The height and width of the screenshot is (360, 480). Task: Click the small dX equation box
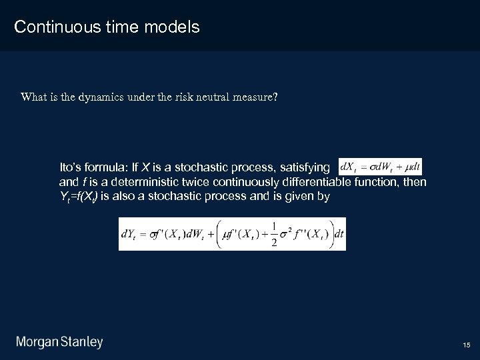click(380, 167)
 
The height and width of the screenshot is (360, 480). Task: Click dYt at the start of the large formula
click(130, 234)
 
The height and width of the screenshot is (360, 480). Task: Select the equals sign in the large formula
click(144, 234)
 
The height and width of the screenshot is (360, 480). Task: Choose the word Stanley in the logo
click(82, 343)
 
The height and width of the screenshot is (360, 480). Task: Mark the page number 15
click(466, 345)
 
